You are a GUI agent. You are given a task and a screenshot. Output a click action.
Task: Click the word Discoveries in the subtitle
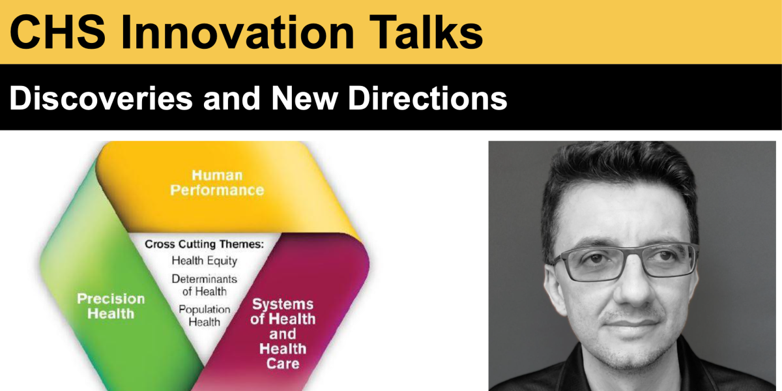click(101, 98)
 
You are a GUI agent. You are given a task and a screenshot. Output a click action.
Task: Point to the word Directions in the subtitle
click(427, 98)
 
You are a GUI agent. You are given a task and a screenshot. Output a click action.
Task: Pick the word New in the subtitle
click(304, 98)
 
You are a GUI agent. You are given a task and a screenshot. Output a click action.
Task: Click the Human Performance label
click(217, 182)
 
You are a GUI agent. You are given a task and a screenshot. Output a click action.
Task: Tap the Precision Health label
click(111, 306)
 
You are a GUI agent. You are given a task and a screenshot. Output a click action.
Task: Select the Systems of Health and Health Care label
click(283, 334)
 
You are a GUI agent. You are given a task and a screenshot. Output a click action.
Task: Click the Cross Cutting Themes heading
click(204, 244)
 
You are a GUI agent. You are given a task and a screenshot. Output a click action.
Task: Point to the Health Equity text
click(204, 261)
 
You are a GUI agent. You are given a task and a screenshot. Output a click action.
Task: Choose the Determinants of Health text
click(204, 285)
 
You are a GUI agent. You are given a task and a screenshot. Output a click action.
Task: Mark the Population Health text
click(204, 315)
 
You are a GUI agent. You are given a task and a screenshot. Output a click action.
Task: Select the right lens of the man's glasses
click(665, 261)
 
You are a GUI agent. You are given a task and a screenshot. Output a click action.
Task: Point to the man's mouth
click(633, 324)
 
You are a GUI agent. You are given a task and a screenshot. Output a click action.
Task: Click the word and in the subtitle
click(232, 98)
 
